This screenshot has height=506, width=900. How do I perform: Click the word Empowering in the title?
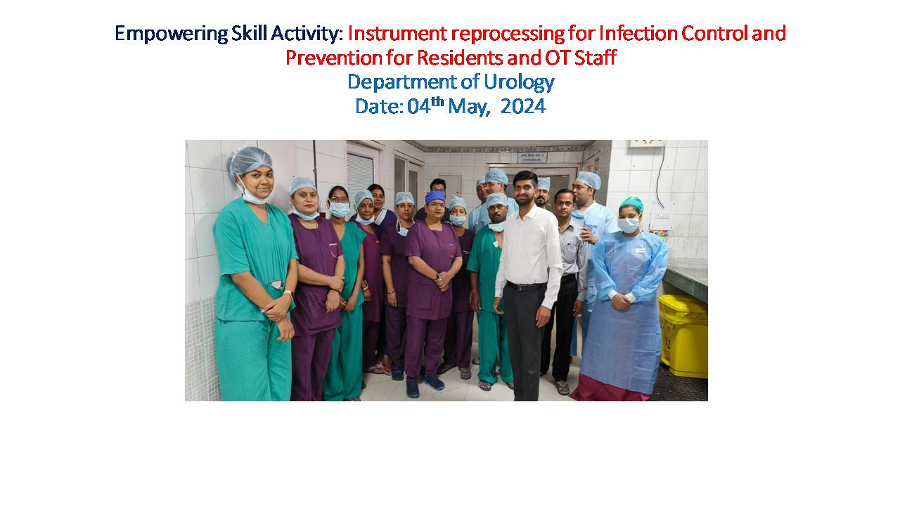pyautogui.click(x=172, y=34)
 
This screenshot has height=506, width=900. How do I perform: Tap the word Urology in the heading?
pyautogui.click(x=519, y=82)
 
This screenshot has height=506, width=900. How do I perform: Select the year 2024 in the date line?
pyautogui.click(x=523, y=106)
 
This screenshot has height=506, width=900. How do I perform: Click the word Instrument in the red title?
pyautogui.click(x=397, y=33)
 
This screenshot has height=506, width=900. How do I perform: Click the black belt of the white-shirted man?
pyautogui.click(x=527, y=286)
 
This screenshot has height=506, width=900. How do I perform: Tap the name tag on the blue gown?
pyautogui.click(x=641, y=250)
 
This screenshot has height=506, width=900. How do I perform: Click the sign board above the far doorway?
pyautogui.click(x=532, y=157)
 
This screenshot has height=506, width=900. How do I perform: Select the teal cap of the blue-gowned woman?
pyautogui.click(x=631, y=203)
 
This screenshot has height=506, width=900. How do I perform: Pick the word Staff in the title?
pyautogui.click(x=595, y=58)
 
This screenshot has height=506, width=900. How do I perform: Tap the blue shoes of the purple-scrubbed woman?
pyautogui.click(x=424, y=386)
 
